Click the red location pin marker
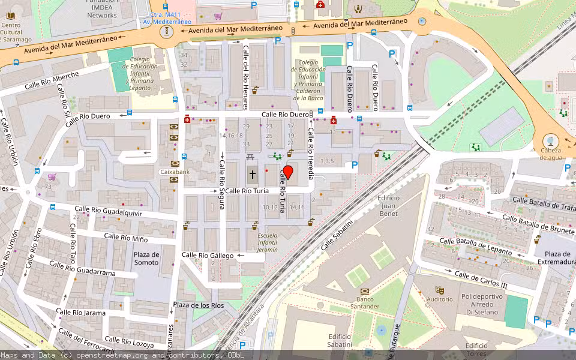[287, 173]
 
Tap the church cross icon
[253, 175]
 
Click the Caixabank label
[175, 172]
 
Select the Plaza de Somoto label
[146, 258]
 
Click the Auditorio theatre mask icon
[439, 290]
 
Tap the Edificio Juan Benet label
[388, 205]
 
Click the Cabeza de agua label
[551, 154]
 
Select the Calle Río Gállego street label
[208, 256]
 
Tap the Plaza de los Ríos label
[198, 305]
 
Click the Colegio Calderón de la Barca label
[308, 79]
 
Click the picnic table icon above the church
[251, 157]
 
